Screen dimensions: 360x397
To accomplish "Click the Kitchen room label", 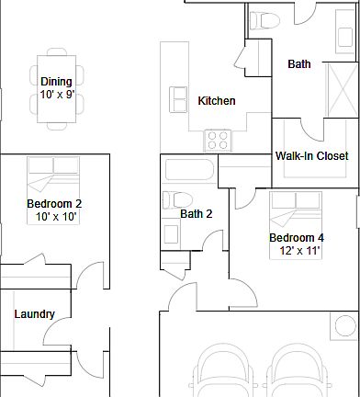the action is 217,101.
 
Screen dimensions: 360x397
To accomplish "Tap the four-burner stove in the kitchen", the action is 218,141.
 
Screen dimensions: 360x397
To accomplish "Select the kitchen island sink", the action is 178,99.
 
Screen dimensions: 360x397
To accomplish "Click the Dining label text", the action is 56,82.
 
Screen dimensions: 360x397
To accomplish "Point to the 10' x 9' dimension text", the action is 57,95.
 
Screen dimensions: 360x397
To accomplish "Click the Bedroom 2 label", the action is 54,204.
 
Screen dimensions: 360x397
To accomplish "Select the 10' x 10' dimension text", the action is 56,217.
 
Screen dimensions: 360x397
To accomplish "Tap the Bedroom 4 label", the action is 297,238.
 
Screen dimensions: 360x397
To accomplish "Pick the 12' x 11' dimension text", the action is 299,251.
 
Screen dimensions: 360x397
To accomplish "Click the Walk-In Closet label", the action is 311,156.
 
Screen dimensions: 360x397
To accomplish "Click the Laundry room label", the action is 35,314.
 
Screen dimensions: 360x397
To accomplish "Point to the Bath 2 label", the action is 197,213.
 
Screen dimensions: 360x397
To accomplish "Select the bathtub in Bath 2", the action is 189,169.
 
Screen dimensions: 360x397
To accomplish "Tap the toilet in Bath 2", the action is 177,200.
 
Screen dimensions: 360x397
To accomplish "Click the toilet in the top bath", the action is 264,21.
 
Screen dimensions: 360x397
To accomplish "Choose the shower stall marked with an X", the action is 343,90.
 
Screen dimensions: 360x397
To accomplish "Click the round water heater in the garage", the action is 345,325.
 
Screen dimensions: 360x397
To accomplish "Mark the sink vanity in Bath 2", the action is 171,233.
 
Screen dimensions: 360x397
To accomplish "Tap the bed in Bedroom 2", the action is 53,190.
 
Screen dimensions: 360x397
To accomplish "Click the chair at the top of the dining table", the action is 57,51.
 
